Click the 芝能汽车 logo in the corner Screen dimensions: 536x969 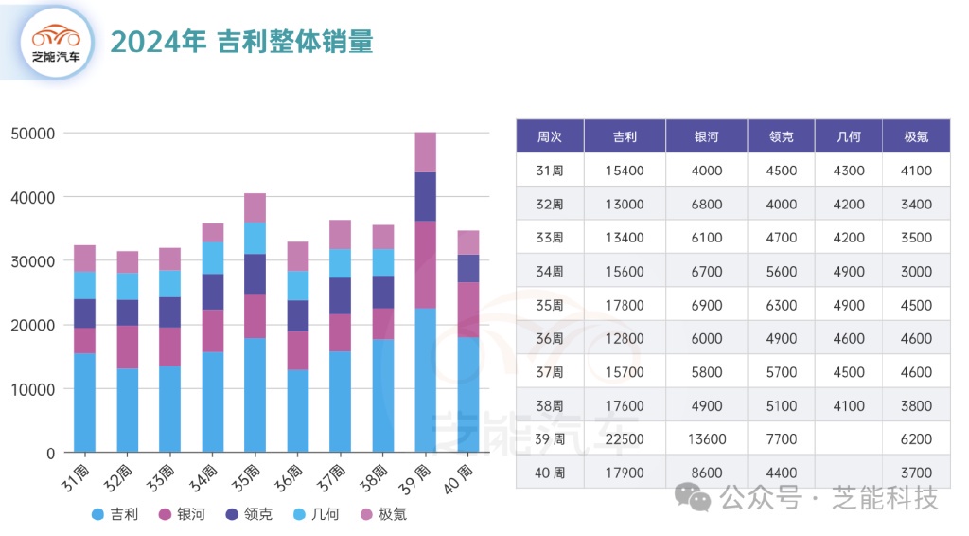pyautogui.click(x=57, y=43)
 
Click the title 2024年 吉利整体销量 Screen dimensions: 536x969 pyautogui.click(x=241, y=42)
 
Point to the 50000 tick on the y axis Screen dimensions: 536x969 pyautogui.click(x=33, y=134)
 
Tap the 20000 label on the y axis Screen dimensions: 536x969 pyautogui.click(x=33, y=325)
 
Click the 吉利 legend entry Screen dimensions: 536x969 pyautogui.click(x=115, y=515)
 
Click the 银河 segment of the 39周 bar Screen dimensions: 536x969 pyautogui.click(x=425, y=264)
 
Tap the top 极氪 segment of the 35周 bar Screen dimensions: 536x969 pyautogui.click(x=255, y=207)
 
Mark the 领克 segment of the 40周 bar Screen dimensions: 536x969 pyautogui.click(x=467, y=268)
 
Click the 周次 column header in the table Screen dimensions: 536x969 pyautogui.click(x=550, y=136)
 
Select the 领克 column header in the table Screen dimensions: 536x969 pyautogui.click(x=781, y=136)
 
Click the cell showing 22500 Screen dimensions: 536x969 pyautogui.click(x=625, y=439)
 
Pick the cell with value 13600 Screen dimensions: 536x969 pyautogui.click(x=706, y=439)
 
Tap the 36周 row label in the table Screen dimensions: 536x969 pyautogui.click(x=550, y=338)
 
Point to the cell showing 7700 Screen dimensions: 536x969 pyautogui.click(x=781, y=439)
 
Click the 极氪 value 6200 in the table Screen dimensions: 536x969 pyautogui.click(x=916, y=439)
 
